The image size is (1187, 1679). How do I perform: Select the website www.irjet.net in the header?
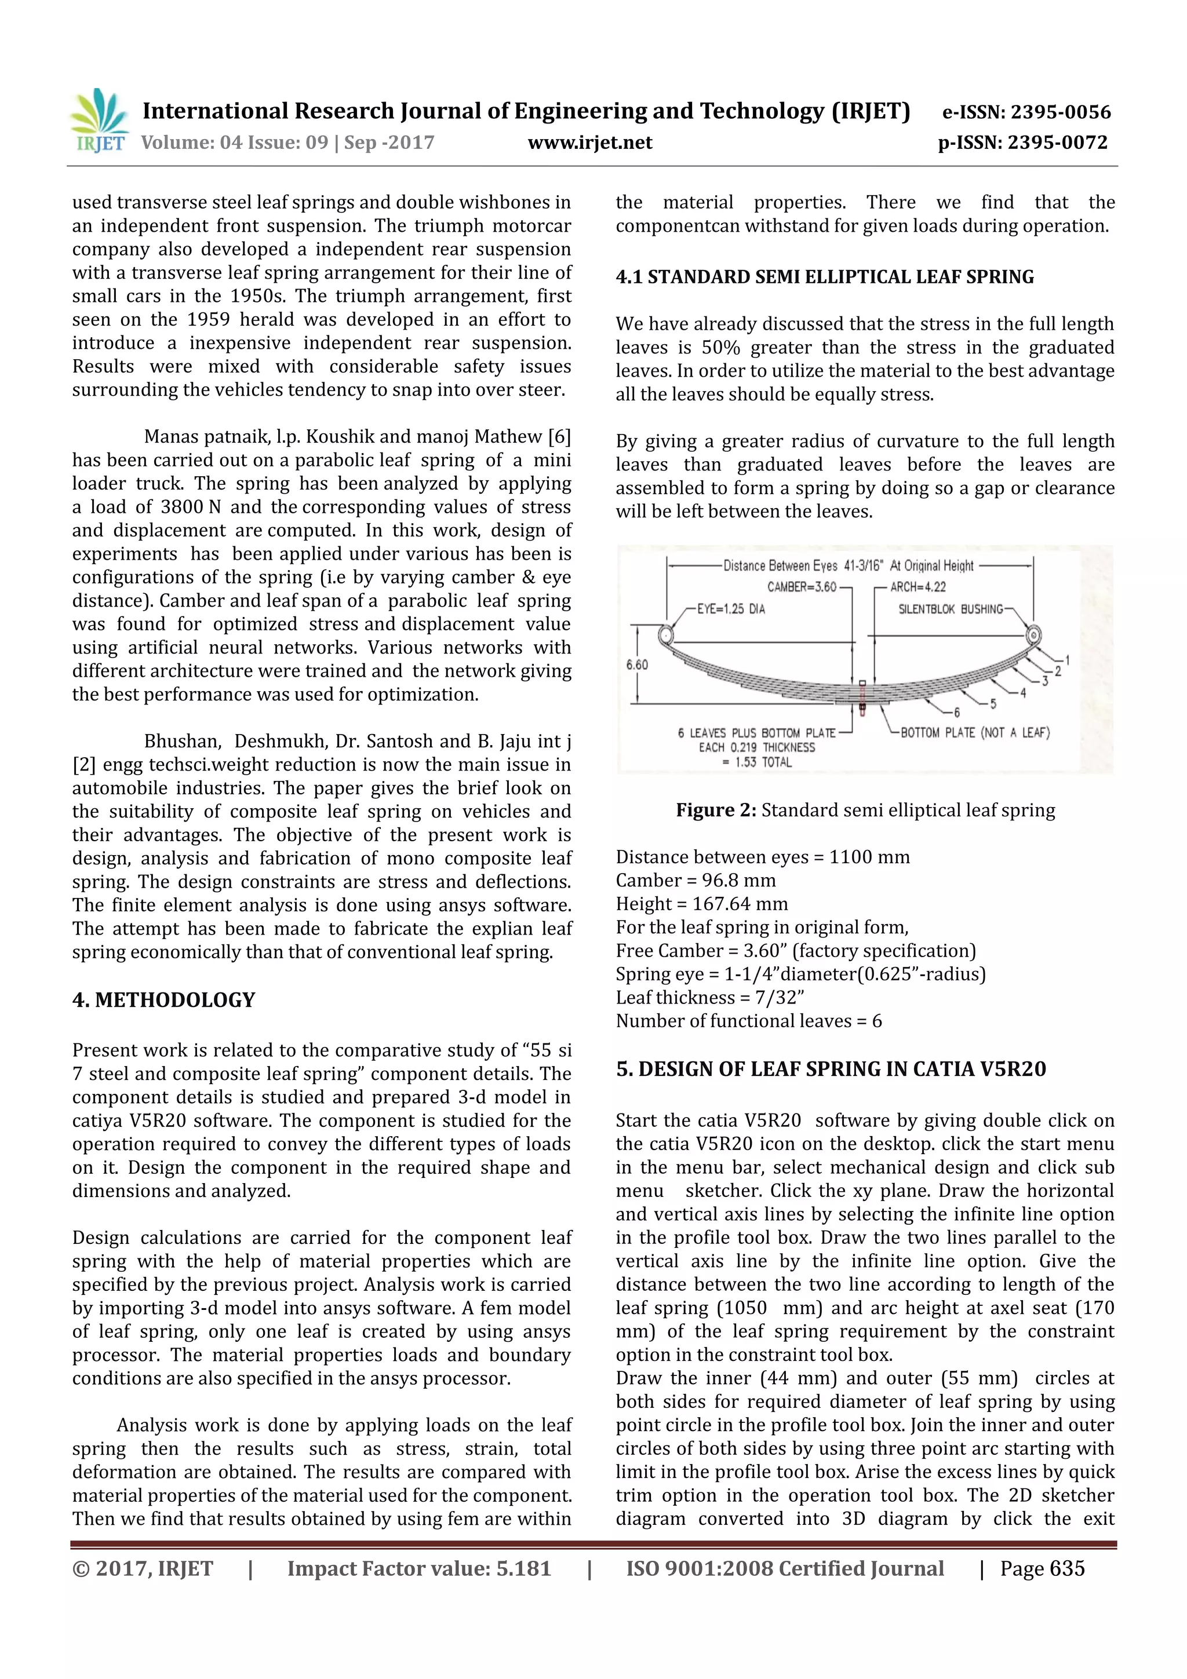pos(589,143)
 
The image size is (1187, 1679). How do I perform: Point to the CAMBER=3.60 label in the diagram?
pos(801,586)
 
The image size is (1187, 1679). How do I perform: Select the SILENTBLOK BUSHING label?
pos(950,608)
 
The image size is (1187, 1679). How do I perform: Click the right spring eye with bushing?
pos(1033,634)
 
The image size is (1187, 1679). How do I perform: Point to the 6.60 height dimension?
pos(637,665)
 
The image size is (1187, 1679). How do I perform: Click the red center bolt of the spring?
pos(863,698)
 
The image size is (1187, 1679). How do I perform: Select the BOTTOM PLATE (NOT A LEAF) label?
pos(975,732)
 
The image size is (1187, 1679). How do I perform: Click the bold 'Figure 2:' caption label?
pos(715,811)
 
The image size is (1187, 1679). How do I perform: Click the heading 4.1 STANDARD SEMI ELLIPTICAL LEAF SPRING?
pos(824,277)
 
